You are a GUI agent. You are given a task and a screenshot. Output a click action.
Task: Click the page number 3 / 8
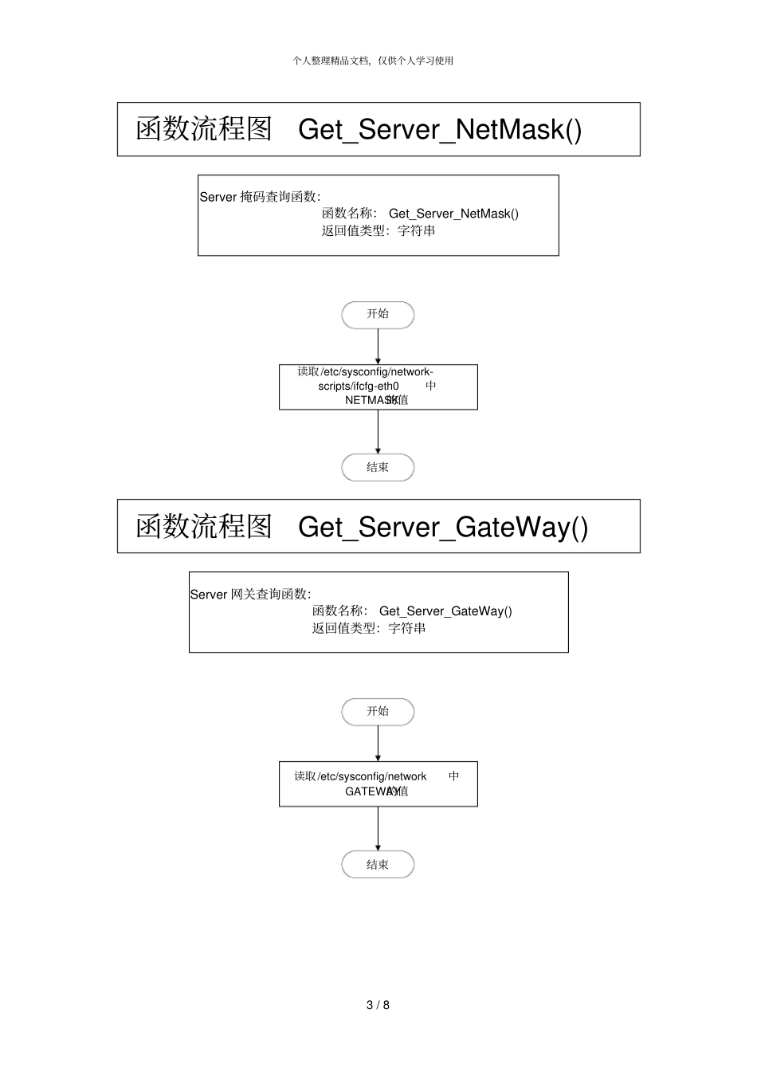click(x=378, y=1005)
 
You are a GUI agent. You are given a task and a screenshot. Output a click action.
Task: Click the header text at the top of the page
click(x=373, y=61)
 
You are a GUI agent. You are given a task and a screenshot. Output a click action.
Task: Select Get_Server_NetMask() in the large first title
click(x=440, y=130)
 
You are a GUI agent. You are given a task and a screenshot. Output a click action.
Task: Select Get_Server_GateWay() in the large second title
click(x=443, y=527)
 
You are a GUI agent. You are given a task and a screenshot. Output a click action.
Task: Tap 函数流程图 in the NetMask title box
click(x=204, y=129)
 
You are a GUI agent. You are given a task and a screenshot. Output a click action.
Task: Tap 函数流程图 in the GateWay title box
click(x=204, y=526)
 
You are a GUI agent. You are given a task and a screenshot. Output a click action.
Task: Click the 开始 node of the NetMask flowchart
click(x=378, y=315)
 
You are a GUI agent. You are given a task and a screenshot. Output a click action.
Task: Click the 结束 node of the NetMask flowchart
click(x=378, y=468)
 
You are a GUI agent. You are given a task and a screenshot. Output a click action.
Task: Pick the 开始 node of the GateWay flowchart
click(x=378, y=712)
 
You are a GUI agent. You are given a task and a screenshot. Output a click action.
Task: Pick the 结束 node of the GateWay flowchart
click(x=378, y=865)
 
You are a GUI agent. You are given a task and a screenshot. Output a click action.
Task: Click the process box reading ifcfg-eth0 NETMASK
click(x=378, y=387)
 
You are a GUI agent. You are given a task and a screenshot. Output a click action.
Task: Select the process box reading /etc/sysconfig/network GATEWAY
click(x=378, y=783)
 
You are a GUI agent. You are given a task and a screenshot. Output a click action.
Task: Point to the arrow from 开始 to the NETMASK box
click(x=378, y=346)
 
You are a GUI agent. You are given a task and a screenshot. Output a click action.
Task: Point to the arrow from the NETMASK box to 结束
click(x=378, y=432)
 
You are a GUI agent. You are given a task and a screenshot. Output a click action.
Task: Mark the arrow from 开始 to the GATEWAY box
click(x=378, y=744)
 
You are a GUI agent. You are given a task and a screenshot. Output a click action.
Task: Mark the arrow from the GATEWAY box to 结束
click(x=378, y=829)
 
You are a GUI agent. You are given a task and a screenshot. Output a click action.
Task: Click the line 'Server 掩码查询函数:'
click(x=260, y=197)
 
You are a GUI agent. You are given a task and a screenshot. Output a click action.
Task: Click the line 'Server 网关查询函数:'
click(x=250, y=594)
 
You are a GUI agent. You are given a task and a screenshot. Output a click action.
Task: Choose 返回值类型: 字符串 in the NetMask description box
click(x=378, y=231)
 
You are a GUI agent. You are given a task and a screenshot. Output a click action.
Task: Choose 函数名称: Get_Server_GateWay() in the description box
click(x=412, y=611)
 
